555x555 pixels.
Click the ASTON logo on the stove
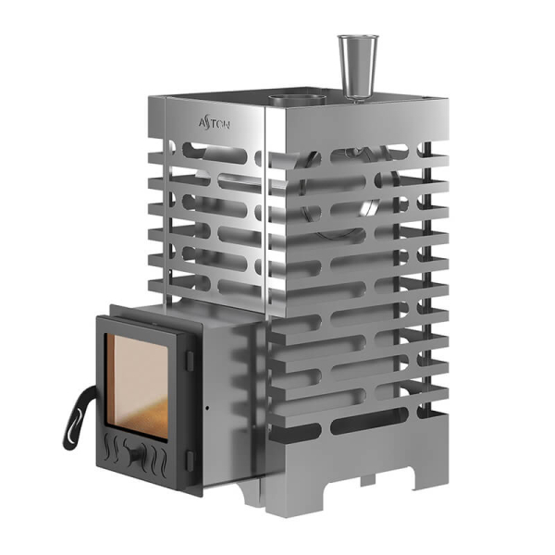[215, 124]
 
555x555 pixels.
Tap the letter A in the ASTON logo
[202, 123]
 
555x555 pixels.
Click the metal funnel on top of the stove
[358, 68]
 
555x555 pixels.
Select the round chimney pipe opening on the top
[297, 98]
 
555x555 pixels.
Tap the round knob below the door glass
[135, 454]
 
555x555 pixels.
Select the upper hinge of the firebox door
[190, 361]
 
